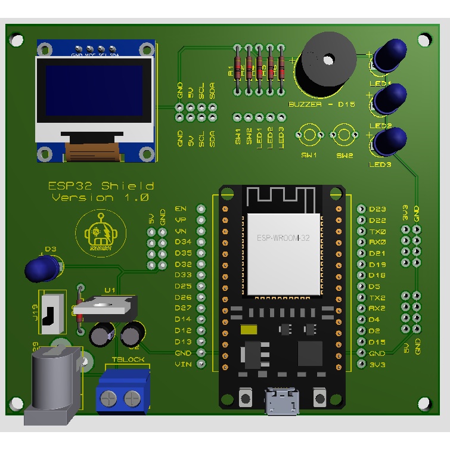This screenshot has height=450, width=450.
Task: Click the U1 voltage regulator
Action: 108,306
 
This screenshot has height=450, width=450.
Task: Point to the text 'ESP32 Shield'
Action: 101,185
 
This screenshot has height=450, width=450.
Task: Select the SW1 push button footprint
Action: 309,135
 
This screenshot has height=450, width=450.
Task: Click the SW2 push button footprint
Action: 344,135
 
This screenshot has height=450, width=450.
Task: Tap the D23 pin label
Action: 377,209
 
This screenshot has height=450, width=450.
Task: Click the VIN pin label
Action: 183,364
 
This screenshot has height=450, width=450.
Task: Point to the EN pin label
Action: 181,209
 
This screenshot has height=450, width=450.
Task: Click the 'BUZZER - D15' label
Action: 321,104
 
